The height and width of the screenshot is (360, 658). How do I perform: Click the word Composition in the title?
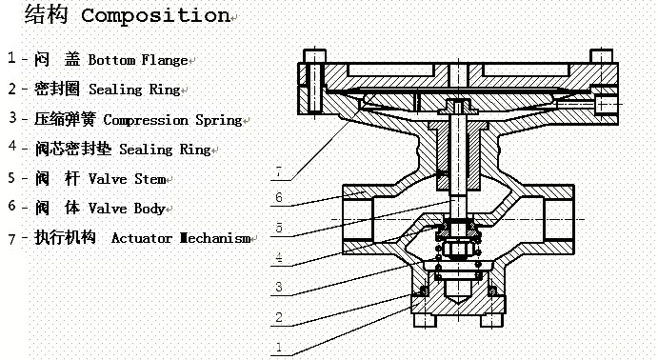click(x=155, y=15)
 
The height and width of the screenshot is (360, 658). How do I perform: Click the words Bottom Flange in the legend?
click(x=138, y=60)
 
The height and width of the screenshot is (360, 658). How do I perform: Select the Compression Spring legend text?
click(x=172, y=120)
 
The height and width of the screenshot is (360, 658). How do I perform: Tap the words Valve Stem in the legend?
click(x=127, y=179)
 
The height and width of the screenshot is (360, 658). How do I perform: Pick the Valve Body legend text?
click(x=127, y=209)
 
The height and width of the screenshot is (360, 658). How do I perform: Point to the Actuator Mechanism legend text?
click(x=181, y=238)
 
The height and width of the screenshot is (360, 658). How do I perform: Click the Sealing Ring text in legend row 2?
click(x=134, y=90)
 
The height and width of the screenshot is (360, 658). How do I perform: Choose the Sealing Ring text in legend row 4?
click(x=165, y=150)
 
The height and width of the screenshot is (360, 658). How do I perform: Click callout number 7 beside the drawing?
click(x=279, y=171)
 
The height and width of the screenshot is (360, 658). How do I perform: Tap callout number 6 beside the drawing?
click(x=279, y=197)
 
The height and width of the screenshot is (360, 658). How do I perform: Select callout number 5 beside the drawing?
click(x=279, y=228)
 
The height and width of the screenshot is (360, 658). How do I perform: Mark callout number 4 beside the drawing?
click(x=279, y=257)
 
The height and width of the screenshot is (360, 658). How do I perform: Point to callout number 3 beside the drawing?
click(x=279, y=287)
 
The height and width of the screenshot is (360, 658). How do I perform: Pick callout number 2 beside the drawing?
click(x=279, y=317)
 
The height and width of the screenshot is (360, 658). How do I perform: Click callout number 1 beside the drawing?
click(x=279, y=347)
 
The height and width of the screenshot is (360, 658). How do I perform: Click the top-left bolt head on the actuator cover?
click(x=314, y=56)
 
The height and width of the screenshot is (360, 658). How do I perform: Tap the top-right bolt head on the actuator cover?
click(x=602, y=56)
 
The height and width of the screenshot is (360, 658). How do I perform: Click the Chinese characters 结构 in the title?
click(x=46, y=14)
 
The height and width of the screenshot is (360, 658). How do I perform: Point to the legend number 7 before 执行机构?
click(x=12, y=239)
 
